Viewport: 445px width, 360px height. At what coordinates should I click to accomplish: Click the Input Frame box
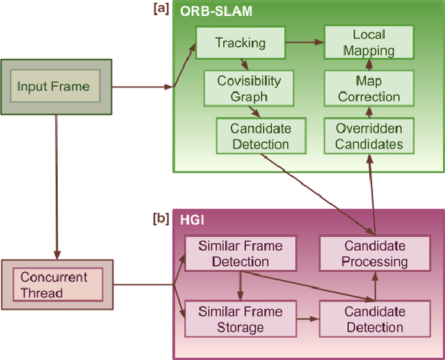click(x=54, y=87)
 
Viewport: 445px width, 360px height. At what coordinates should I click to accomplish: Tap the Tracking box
click(x=240, y=43)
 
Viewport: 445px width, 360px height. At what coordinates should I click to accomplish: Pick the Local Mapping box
click(x=369, y=42)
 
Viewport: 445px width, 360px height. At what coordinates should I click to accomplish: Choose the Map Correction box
click(x=369, y=88)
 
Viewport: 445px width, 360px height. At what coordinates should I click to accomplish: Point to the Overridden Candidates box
click(x=369, y=136)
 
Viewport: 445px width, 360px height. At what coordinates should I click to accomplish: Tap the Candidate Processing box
click(x=375, y=254)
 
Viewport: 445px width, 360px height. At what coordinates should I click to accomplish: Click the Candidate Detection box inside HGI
click(x=374, y=319)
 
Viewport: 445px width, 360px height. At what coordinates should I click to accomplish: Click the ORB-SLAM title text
click(x=216, y=12)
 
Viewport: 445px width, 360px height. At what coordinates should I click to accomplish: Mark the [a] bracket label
click(x=161, y=8)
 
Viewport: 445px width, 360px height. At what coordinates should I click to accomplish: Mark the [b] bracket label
click(x=161, y=218)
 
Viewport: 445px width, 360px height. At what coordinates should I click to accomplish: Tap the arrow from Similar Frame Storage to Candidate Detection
click(x=307, y=319)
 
